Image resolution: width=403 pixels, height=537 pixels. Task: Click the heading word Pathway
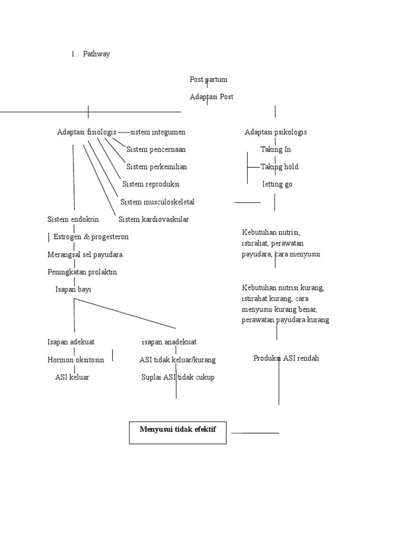97,54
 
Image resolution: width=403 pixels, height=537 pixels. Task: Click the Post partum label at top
208,80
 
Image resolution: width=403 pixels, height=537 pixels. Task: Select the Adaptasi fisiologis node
87,132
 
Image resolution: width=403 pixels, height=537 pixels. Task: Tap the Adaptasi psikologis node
275,132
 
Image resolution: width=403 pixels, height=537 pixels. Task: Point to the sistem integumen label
157,132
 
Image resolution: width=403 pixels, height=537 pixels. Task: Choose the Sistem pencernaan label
156,149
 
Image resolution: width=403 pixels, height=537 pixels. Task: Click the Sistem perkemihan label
156,167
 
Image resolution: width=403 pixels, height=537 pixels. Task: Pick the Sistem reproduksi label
151,185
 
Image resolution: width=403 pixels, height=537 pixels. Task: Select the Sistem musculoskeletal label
154,202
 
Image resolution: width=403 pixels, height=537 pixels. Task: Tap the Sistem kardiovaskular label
154,219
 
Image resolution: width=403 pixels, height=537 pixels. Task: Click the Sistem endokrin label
73,219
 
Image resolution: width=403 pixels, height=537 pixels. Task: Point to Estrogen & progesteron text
91,237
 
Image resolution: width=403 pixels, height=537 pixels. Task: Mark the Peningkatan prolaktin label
82,272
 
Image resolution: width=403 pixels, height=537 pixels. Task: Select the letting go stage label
277,185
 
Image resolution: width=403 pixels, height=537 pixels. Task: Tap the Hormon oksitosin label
76,360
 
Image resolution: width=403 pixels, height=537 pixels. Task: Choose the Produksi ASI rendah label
286,358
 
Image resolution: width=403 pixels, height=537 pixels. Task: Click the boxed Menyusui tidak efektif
177,430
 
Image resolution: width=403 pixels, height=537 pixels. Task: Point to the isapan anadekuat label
169,342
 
